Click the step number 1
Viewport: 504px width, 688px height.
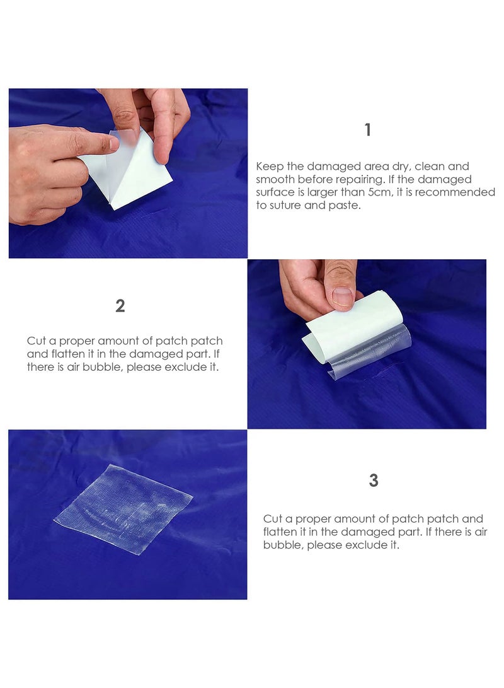click(x=368, y=131)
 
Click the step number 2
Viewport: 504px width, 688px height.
click(x=120, y=306)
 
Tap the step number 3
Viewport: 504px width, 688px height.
click(x=374, y=481)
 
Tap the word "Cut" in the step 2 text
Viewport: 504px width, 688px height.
click(x=36, y=341)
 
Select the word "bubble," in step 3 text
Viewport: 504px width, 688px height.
click(x=283, y=545)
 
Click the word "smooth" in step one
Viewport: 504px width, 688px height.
click(x=275, y=180)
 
